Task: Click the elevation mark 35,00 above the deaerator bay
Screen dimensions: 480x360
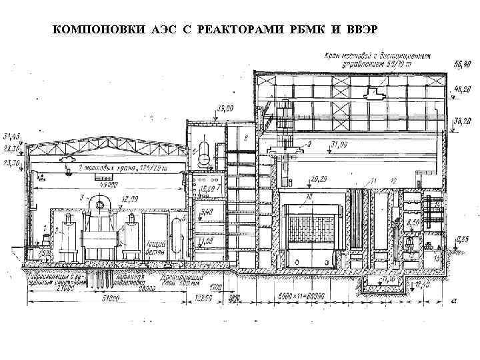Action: pos(225,108)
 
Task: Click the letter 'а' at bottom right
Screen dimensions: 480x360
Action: pos(454,300)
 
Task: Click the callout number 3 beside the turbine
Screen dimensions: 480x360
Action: pos(80,197)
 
